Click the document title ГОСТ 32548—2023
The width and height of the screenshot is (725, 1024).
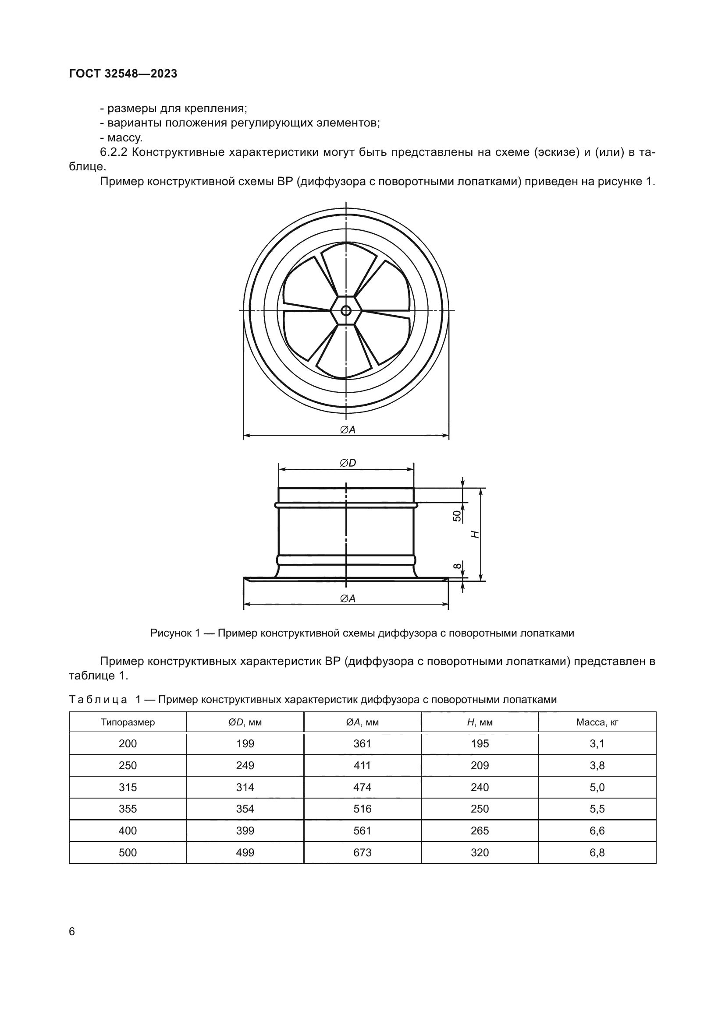123,74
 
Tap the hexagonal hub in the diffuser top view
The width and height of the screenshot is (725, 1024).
346,310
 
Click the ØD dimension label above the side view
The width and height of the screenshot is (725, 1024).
348,463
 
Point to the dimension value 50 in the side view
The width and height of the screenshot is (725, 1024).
457,516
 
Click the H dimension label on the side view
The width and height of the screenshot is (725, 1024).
476,534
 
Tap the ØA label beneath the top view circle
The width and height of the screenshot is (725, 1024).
348,429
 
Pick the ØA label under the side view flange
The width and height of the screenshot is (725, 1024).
348,598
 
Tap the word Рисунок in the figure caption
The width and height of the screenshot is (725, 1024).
171,633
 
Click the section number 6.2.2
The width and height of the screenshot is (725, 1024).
114,152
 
